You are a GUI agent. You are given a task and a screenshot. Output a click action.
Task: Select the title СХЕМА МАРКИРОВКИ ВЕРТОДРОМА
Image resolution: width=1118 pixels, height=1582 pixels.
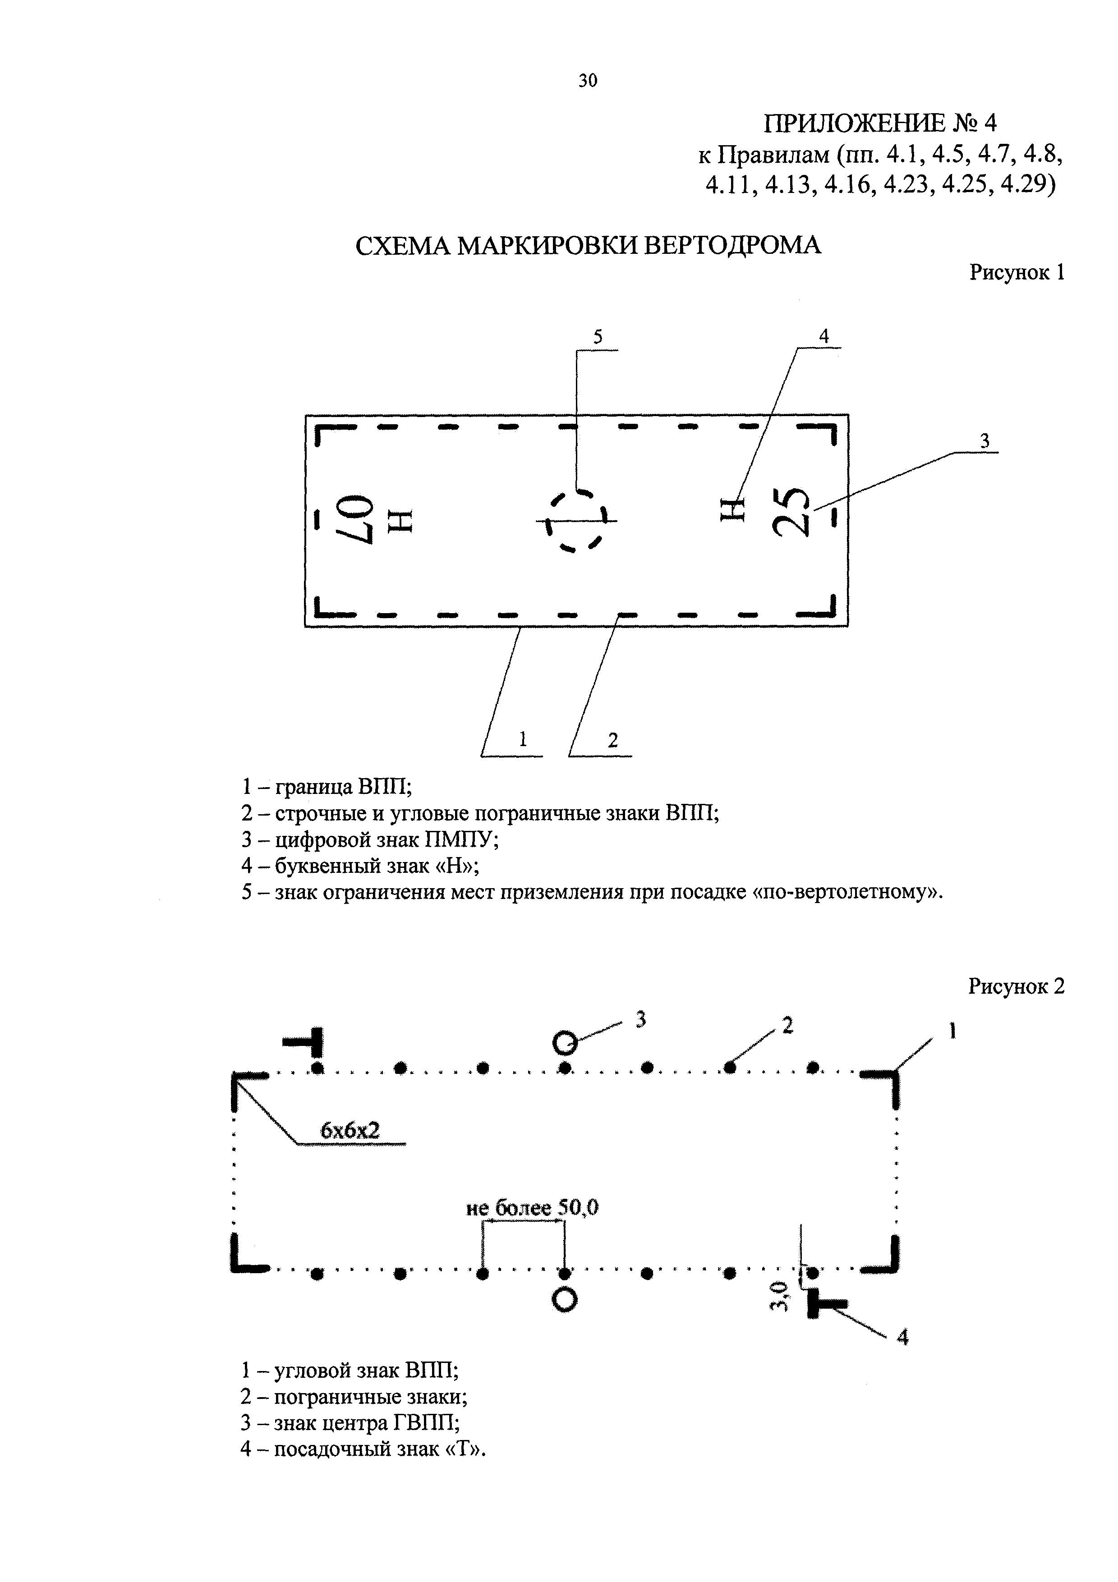pos(588,245)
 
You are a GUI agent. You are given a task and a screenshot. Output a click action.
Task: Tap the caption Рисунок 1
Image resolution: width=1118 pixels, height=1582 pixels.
pos(1017,272)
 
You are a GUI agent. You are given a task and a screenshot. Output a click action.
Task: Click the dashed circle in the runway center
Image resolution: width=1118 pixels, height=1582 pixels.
pos(576,520)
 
